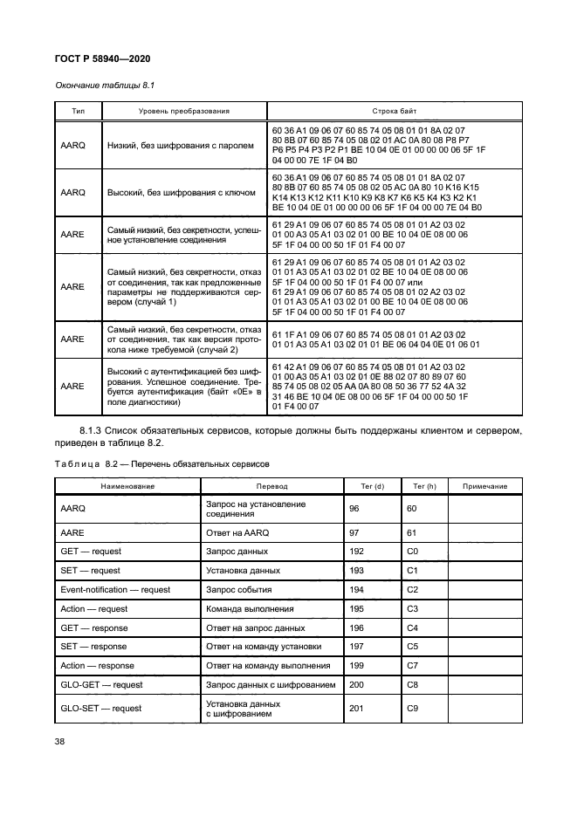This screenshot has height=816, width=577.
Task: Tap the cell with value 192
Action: [x=356, y=552]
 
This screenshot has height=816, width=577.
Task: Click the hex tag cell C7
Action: [x=414, y=666]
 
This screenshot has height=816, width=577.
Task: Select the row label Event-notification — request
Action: [x=115, y=590]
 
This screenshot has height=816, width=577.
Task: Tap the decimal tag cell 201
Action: [x=356, y=709]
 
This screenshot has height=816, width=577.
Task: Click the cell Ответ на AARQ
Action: [x=238, y=532]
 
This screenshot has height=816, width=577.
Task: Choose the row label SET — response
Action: [x=93, y=647]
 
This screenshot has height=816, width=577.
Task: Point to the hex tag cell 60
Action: [x=413, y=509]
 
